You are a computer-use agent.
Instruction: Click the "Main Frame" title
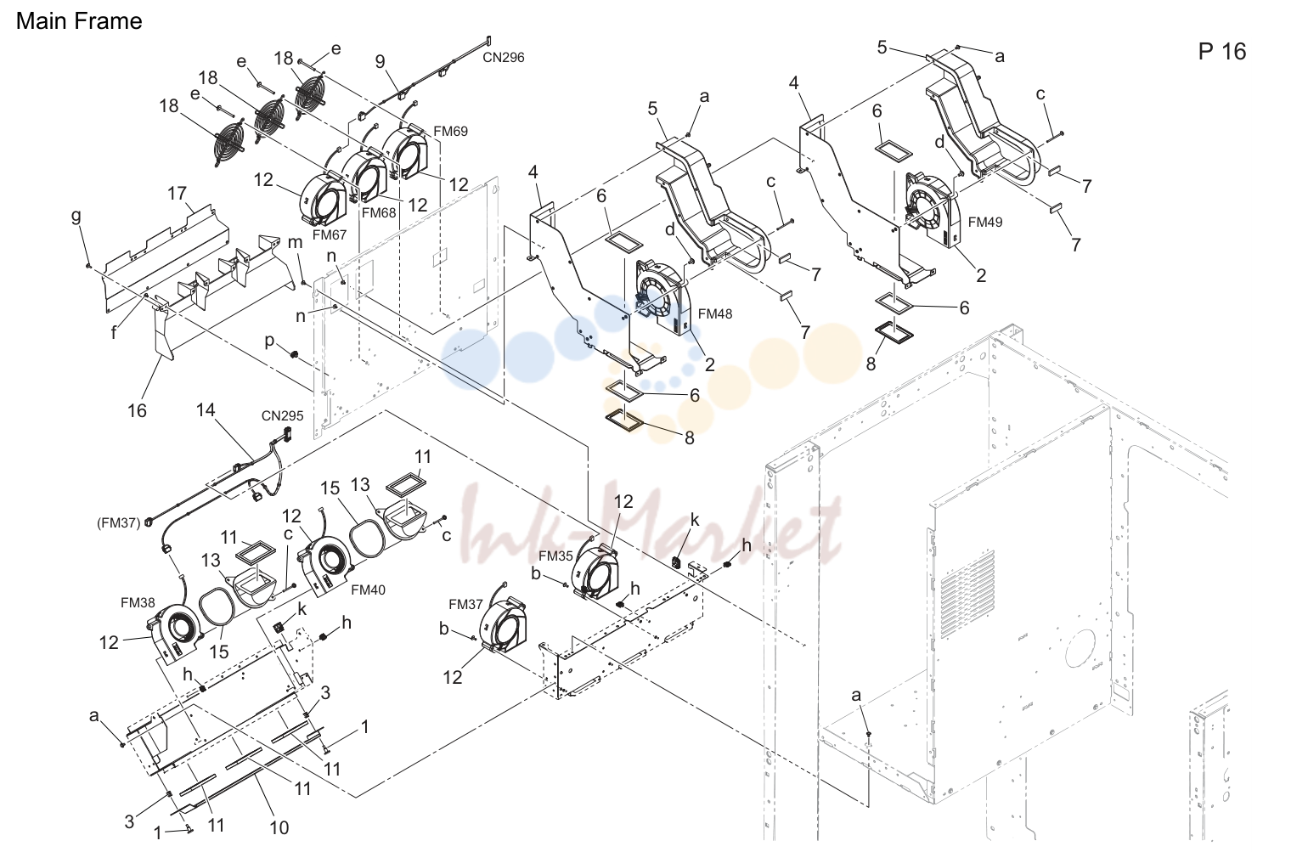[79, 21]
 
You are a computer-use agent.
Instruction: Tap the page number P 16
[1222, 51]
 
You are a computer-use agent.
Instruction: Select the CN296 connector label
[504, 57]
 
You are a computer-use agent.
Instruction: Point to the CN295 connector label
[282, 415]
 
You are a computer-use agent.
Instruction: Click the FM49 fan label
[985, 222]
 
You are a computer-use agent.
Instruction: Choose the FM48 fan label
[715, 314]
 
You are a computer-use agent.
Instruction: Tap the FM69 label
[450, 132]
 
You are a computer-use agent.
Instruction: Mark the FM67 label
[330, 234]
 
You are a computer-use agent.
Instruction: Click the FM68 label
[379, 212]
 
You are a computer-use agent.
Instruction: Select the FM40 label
[368, 590]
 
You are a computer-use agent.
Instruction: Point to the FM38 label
[138, 602]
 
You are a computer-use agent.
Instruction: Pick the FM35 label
[555, 556]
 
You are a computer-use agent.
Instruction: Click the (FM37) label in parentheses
[119, 522]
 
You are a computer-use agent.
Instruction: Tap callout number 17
[177, 194]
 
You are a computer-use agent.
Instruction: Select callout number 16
[137, 410]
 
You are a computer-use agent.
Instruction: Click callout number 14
[206, 410]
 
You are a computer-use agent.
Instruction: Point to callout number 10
[279, 827]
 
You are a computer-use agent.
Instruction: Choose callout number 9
[381, 61]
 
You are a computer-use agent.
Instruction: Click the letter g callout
[76, 217]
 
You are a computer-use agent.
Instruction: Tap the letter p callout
[269, 341]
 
